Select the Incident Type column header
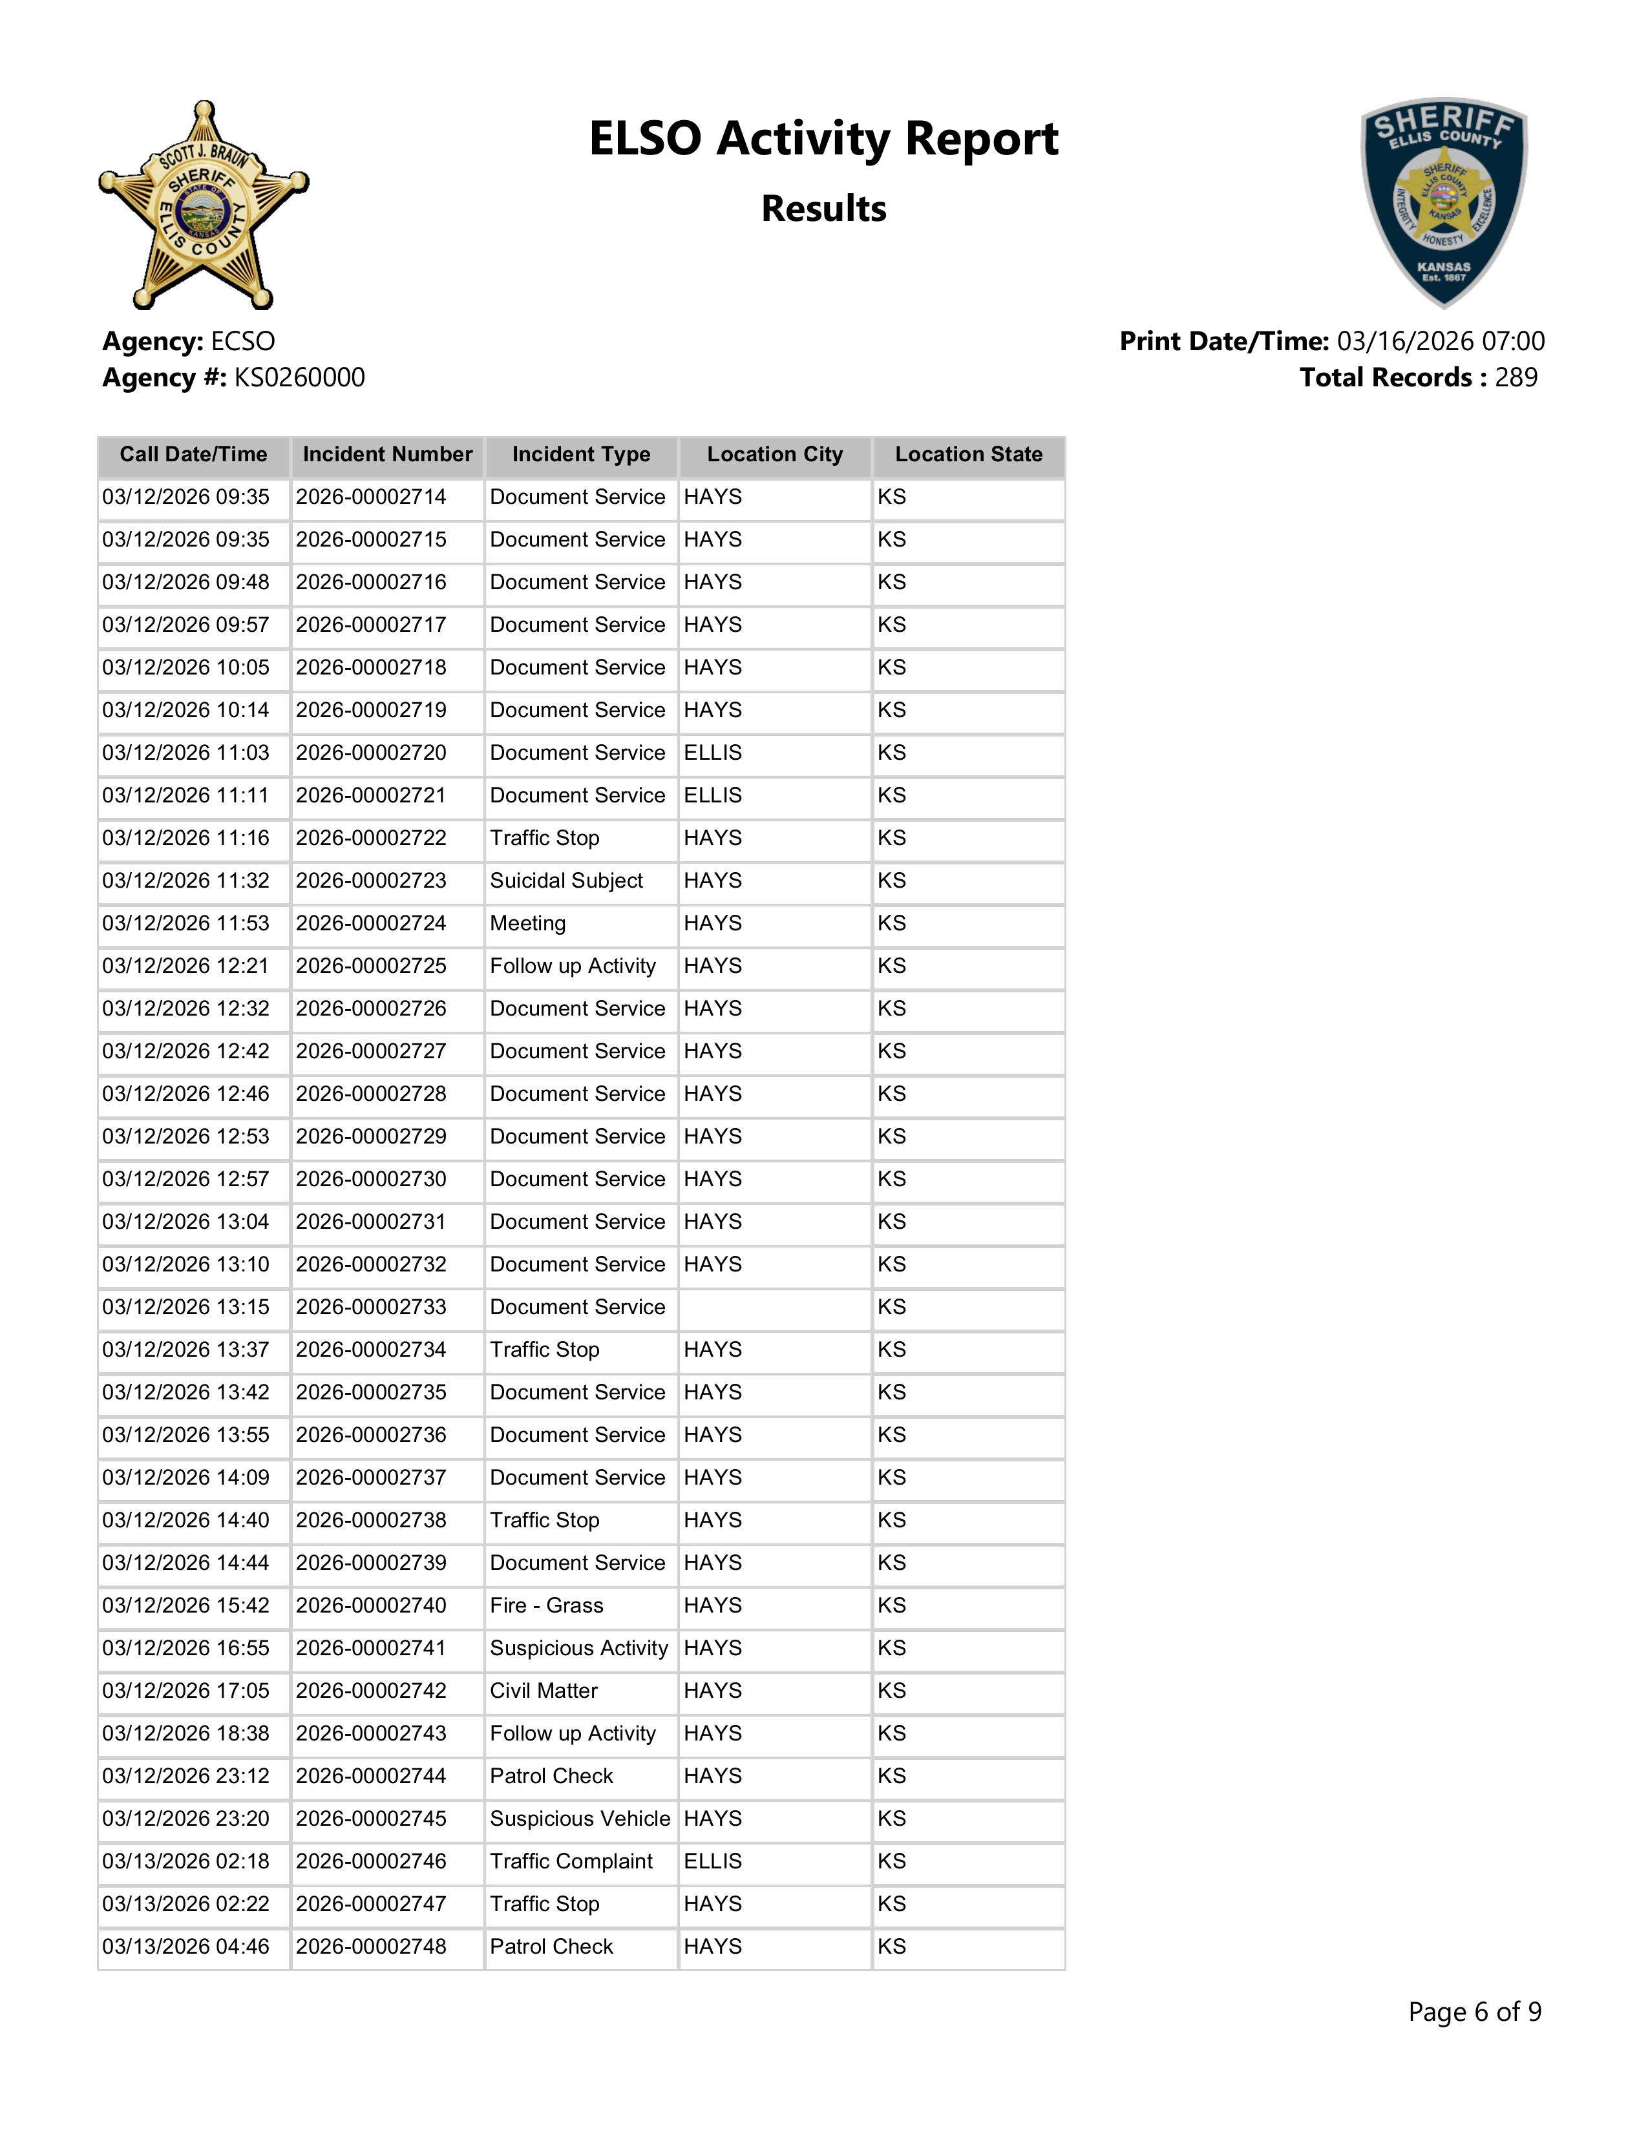point(581,455)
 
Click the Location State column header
point(969,455)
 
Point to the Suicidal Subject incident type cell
point(566,881)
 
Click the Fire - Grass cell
point(547,1606)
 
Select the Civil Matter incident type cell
point(544,1691)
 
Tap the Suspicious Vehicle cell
point(580,1819)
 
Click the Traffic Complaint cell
point(571,1861)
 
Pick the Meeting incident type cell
point(528,923)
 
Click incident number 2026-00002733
point(371,1307)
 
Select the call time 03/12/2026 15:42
point(185,1606)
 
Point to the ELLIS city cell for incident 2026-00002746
point(713,1861)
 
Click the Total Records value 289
point(1516,378)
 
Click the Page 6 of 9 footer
point(1474,2012)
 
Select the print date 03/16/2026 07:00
point(1440,342)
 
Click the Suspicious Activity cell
point(579,1649)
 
